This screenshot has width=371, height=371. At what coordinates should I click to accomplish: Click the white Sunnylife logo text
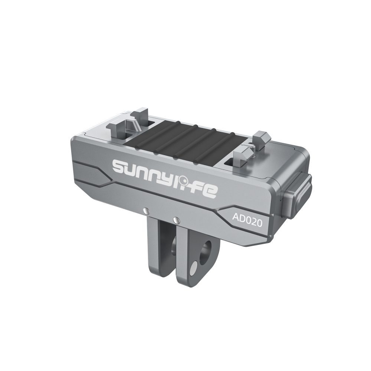pos(164,176)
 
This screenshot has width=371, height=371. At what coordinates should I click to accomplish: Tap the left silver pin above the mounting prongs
pos(147,210)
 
